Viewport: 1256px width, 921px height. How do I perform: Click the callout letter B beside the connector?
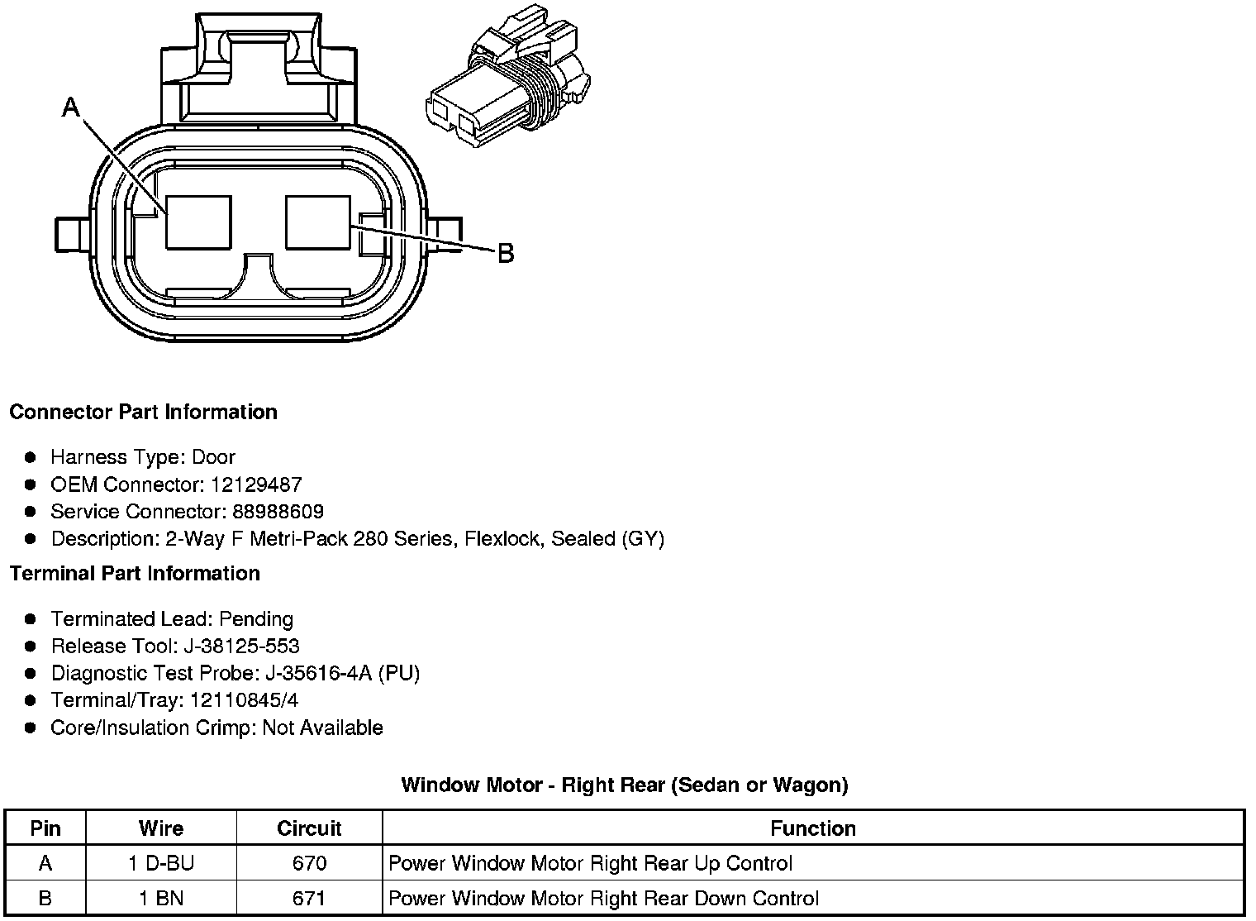click(x=506, y=253)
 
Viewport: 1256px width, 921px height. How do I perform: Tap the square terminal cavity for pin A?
click(x=198, y=222)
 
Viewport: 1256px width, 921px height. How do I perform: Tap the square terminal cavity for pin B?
click(x=317, y=222)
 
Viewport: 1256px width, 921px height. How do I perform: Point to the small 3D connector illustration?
click(x=507, y=84)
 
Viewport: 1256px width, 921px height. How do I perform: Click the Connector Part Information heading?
click(x=143, y=412)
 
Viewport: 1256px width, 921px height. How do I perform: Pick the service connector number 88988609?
click(x=275, y=512)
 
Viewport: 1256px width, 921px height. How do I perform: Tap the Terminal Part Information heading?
click(x=135, y=573)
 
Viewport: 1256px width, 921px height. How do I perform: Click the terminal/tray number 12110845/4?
click(x=244, y=701)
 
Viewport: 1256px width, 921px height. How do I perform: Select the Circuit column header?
click(x=309, y=828)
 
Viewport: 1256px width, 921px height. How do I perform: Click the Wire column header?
click(x=161, y=828)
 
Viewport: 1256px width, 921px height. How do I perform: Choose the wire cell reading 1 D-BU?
click(x=161, y=864)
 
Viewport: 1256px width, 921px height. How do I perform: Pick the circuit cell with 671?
click(x=309, y=899)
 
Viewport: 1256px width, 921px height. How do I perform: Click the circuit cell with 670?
click(x=309, y=864)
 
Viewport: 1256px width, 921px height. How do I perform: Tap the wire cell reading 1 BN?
click(x=161, y=899)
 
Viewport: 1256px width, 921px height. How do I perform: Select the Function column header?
click(x=813, y=828)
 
